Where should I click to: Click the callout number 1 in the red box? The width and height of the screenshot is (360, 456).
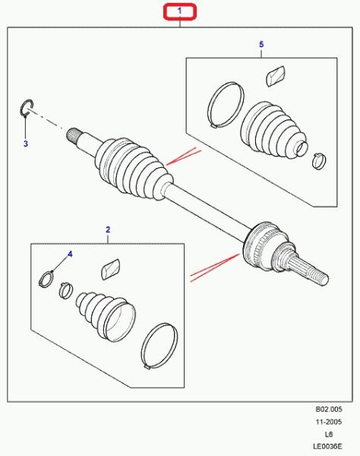pos(179,11)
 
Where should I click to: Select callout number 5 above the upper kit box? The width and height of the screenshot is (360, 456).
pos(261,44)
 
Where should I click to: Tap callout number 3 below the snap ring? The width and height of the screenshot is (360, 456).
pos(26,144)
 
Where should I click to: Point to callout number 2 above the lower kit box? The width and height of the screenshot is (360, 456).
pos(108,230)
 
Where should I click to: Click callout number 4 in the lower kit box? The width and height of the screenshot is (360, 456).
pos(70,255)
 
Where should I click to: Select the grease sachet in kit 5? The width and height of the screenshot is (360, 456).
pos(276,76)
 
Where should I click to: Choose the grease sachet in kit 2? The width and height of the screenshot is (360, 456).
pos(111,269)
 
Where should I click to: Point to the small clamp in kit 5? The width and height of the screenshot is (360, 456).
pos(319,161)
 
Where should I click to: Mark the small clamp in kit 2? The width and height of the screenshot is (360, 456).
pos(66,290)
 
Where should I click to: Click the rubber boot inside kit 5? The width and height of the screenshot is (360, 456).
pos(273,129)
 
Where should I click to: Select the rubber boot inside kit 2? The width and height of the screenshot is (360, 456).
pos(106,315)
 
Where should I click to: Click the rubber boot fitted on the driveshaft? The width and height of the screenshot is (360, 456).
pos(134,169)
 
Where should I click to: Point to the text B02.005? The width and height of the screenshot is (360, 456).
pos(329,409)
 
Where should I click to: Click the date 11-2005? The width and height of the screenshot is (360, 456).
pos(329,422)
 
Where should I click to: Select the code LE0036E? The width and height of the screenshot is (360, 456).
pos(327,446)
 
